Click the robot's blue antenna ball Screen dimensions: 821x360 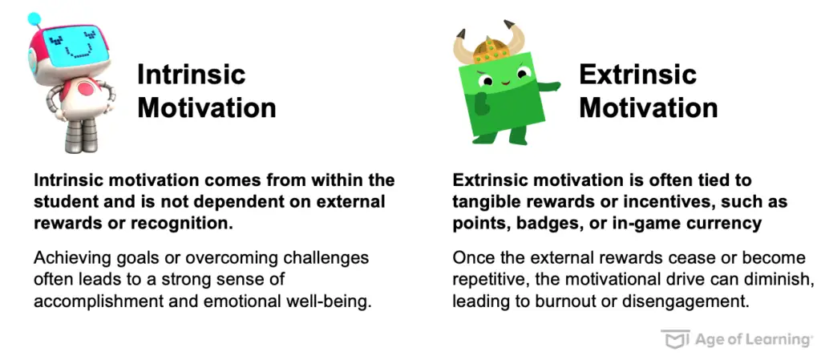pyautogui.click(x=34, y=19)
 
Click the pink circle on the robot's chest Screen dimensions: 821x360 pyautogui.click(x=85, y=88)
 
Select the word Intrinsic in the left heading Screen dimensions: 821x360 pyautogui.click(x=191, y=74)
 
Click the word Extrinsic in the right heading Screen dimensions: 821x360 pyautogui.click(x=637, y=74)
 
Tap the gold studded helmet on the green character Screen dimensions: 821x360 pyautogui.click(x=491, y=51)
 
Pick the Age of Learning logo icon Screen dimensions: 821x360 pyautogui.click(x=675, y=338)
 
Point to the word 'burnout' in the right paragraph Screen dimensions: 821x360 pyautogui.click(x=571, y=302)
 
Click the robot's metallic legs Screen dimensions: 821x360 pyautogui.click(x=82, y=133)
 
